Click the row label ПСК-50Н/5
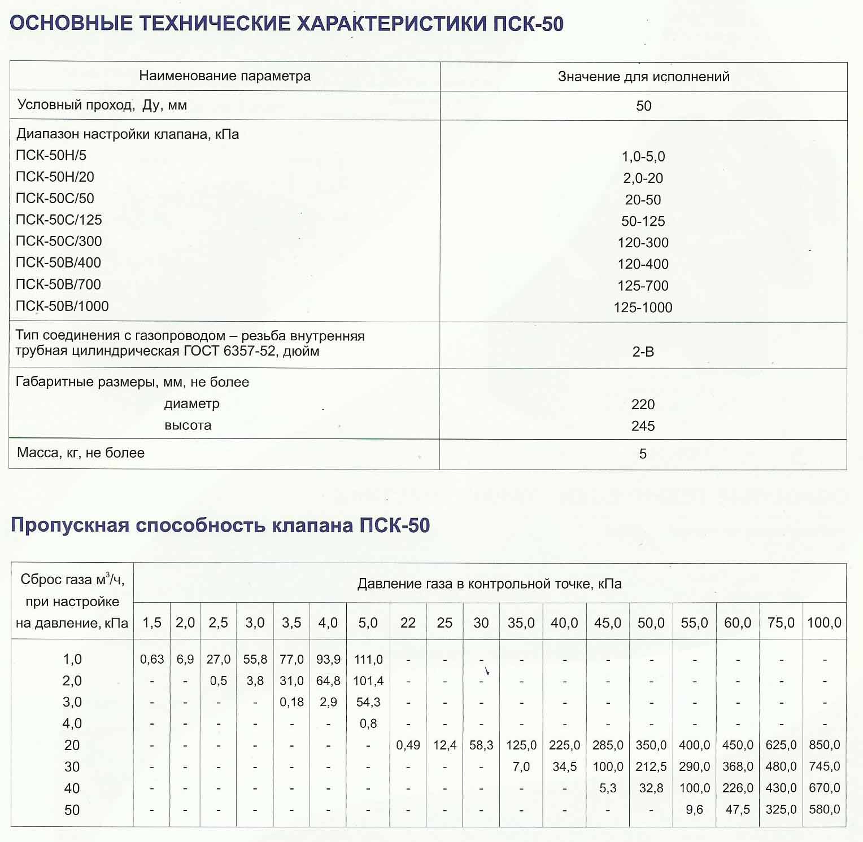51,155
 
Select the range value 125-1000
643,308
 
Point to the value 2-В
643,352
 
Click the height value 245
643,426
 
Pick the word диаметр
191,404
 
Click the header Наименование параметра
225,76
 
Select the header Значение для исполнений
643,77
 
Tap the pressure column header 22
408,623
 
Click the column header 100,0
824,623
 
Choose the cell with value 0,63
152,659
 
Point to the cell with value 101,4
368,681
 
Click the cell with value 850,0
824,745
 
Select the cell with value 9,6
694,810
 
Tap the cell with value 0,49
408,745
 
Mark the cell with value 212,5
651,767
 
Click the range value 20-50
643,200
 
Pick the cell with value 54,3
368,703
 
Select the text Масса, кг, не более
81,453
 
